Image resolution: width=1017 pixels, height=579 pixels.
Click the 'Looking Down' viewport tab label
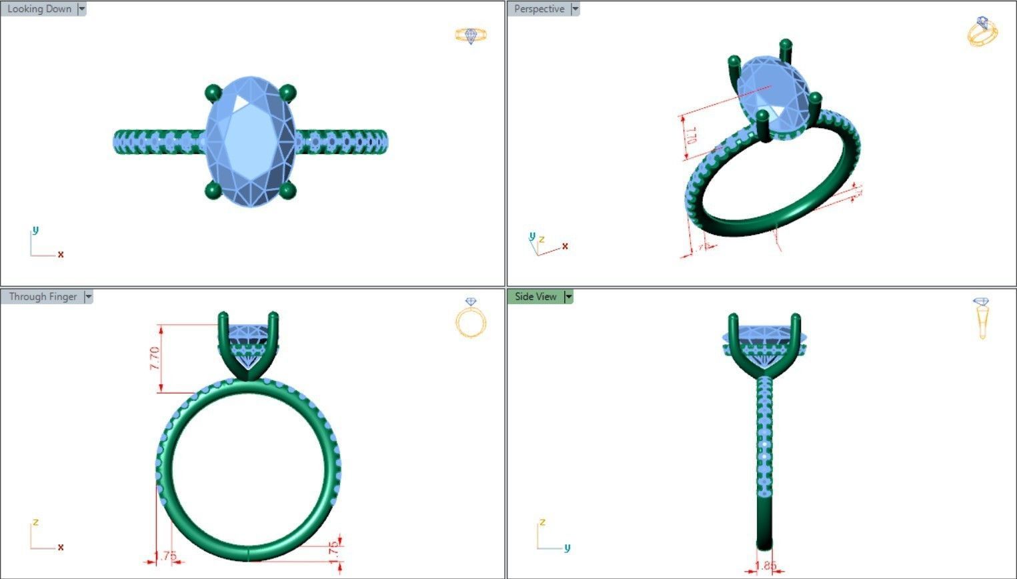39,9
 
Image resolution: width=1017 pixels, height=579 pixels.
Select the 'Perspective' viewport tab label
539,9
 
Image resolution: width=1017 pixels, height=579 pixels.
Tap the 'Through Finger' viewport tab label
43,297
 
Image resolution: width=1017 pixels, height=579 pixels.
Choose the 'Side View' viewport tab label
536,297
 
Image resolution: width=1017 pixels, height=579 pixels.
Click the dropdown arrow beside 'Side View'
568,297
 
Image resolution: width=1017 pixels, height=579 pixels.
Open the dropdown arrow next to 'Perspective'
575,9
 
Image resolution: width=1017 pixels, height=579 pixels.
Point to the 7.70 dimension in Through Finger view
155,359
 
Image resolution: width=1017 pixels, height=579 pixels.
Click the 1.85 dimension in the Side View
766,566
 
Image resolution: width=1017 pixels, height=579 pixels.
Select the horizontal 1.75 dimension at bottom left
165,556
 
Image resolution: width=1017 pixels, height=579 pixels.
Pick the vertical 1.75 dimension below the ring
335,551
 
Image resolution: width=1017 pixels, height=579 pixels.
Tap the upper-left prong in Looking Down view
213,92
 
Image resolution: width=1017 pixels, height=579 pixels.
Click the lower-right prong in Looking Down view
287,191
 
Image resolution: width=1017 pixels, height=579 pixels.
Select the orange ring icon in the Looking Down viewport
471,35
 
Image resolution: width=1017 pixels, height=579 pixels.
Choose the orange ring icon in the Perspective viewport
982,31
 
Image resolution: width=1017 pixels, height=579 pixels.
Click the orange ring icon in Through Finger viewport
471,318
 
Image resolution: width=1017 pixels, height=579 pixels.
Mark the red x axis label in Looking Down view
61,254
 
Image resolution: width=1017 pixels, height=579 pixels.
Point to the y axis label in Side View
567,548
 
